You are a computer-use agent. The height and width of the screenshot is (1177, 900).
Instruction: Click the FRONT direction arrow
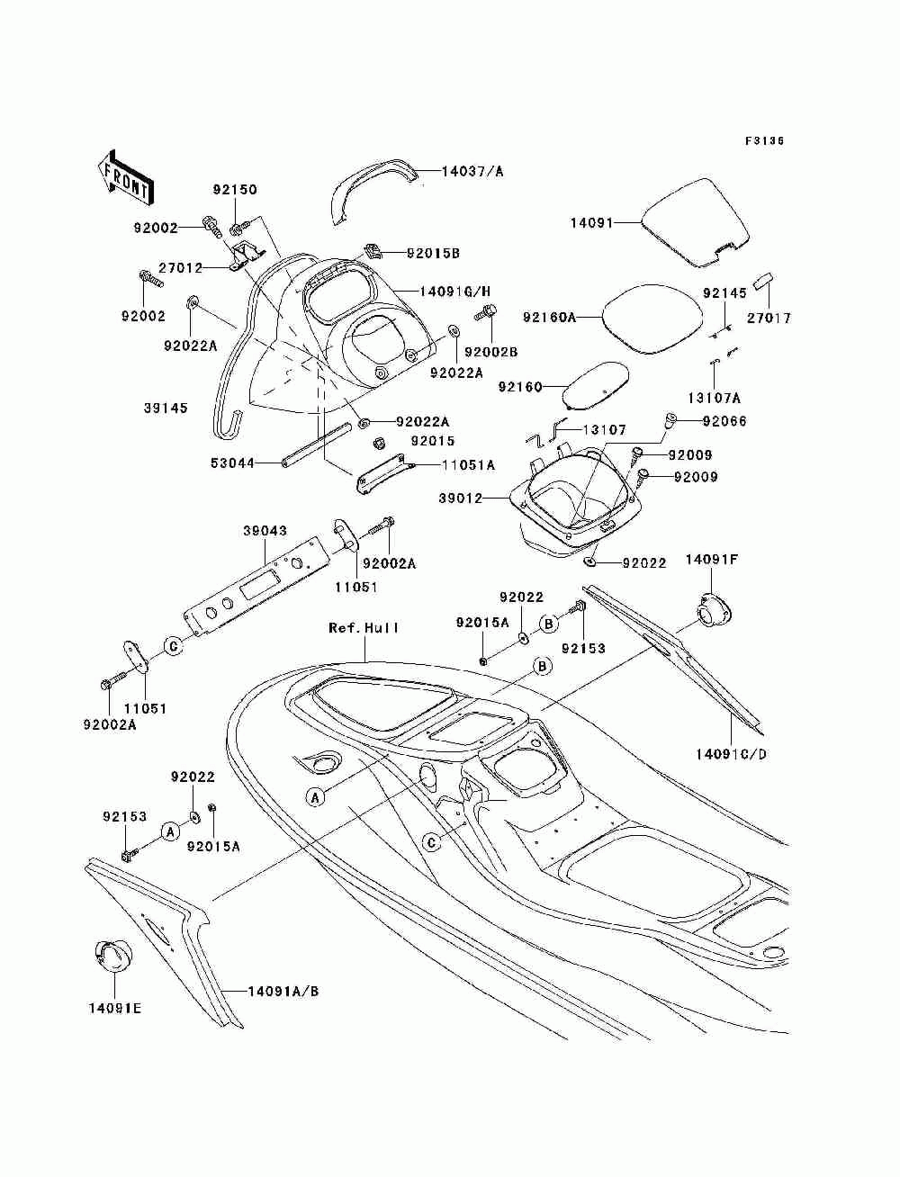coord(125,176)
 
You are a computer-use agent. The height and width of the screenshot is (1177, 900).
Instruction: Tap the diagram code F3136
coord(764,141)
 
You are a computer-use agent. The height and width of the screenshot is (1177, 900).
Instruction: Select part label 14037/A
coord(472,172)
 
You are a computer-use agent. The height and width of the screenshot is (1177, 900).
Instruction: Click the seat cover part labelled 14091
coord(696,222)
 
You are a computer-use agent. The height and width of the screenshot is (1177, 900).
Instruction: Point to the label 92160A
coord(549,318)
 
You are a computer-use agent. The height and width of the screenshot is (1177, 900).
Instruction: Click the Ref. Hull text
coord(364,628)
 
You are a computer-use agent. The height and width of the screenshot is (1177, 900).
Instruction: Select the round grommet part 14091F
coord(714,611)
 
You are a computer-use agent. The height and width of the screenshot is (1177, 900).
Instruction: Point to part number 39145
coord(166,408)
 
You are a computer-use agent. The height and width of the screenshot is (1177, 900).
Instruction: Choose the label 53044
coord(232,463)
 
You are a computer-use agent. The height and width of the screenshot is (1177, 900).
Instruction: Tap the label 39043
coord(265,531)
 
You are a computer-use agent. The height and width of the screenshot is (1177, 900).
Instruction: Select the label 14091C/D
coord(731,754)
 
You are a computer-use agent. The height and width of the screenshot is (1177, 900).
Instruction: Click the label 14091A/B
coord(283,992)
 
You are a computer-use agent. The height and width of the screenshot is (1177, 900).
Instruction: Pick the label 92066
coord(724,421)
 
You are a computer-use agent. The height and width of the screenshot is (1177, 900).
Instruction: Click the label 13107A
coord(714,398)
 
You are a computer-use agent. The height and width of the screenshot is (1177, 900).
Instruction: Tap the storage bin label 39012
coord(461,499)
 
